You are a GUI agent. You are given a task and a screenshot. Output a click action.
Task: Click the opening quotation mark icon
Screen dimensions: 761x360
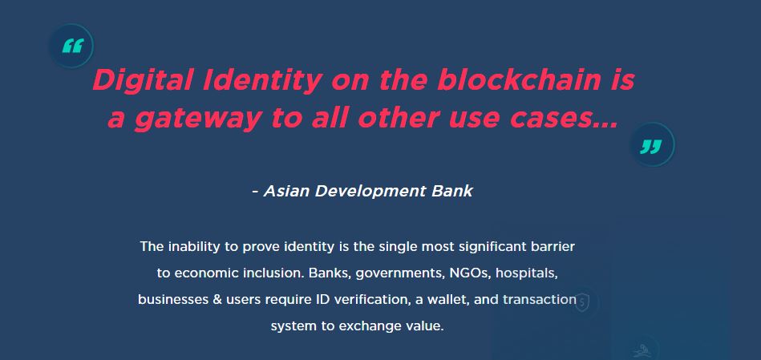pos(72,46)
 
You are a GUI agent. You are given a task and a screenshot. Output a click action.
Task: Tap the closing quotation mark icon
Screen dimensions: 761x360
pos(652,145)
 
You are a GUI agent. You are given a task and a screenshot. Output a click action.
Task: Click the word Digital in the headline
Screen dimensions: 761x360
pos(143,81)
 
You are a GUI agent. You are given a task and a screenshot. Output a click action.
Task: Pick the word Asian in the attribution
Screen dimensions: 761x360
pos(286,191)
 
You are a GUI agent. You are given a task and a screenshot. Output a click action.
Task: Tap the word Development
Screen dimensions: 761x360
pos(370,192)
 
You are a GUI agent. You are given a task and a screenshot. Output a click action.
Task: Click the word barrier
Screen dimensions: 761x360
pos(551,246)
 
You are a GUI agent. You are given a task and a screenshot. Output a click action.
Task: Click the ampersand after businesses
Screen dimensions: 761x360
pos(217,299)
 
